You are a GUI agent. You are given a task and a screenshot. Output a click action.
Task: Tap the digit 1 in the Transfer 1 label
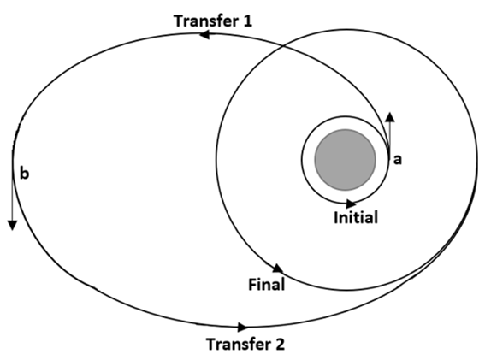pyautogui.click(x=247, y=21)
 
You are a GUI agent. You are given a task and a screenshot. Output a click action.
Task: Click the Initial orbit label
pyautogui.click(x=356, y=217)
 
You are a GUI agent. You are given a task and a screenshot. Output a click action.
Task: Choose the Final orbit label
pyautogui.click(x=267, y=285)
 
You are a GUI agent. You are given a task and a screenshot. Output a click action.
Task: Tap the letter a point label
pyautogui.click(x=398, y=160)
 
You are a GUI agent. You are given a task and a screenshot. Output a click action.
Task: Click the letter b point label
pyautogui.click(x=25, y=173)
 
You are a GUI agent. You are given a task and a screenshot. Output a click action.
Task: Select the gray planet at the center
pyautogui.click(x=346, y=160)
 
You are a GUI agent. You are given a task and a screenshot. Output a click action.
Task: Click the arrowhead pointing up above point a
pyautogui.click(x=390, y=117)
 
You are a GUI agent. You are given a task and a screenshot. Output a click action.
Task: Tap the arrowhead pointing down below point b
pyautogui.click(x=12, y=226)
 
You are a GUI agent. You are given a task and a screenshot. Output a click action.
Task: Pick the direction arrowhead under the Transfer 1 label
pyautogui.click(x=204, y=34)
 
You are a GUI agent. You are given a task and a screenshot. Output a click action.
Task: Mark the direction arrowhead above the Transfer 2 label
pyautogui.click(x=242, y=328)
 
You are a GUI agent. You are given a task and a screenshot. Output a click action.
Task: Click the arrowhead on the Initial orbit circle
pyautogui.click(x=351, y=204)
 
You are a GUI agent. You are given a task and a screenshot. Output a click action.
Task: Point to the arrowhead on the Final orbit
pyautogui.click(x=277, y=269)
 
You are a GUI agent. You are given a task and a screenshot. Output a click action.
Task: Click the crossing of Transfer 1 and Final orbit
pyautogui.click(x=283, y=46)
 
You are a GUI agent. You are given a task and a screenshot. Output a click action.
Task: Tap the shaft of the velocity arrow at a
pyautogui.click(x=390, y=139)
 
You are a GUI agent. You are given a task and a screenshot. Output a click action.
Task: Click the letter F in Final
pyautogui.click(x=253, y=285)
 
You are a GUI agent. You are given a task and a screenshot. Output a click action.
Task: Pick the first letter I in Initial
pyautogui.click(x=336, y=217)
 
